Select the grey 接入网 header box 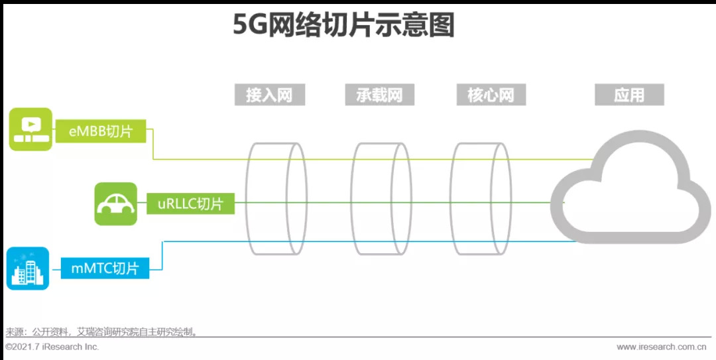[269, 95]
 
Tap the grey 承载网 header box [380, 95]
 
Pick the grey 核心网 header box [491, 95]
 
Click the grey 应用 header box [629, 95]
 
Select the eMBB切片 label [101, 131]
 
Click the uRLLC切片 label [191, 204]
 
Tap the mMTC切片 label [105, 269]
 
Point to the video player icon [30, 129]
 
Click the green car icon [115, 204]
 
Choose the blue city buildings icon [28, 269]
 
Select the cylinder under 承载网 [381, 199]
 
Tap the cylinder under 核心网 [481, 199]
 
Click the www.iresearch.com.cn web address [661, 347]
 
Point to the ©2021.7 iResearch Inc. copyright [52, 347]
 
